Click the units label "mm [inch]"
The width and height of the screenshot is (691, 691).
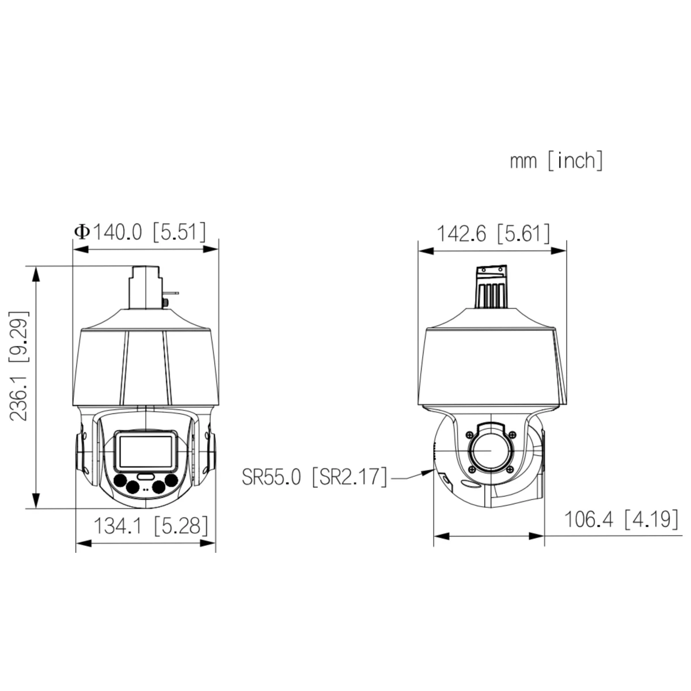(x=556, y=161)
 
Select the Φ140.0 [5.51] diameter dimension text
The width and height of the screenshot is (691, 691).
(x=140, y=232)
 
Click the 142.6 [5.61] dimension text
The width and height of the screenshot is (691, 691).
(x=493, y=234)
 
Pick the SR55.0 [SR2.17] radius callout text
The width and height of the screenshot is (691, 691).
(x=314, y=477)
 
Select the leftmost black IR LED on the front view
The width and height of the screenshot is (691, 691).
(x=120, y=481)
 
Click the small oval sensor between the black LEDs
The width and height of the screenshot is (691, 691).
(x=146, y=477)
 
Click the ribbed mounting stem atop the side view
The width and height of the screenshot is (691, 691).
(x=491, y=288)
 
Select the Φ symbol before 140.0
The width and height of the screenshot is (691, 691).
(x=82, y=232)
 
